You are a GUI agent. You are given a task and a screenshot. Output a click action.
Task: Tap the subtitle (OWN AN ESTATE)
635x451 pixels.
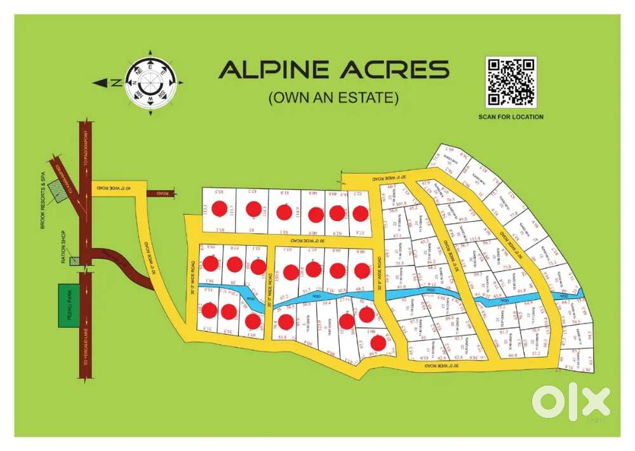(x=333, y=98)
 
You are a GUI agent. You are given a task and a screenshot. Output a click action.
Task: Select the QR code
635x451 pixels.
(x=511, y=82)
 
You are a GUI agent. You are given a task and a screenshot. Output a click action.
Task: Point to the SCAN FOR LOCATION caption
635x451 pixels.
(x=511, y=117)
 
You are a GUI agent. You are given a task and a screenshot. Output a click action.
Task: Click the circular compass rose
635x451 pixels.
(x=150, y=82)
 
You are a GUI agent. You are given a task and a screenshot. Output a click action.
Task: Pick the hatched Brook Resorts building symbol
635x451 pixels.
(x=60, y=189)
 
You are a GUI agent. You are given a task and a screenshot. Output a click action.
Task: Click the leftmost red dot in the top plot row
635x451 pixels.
(x=220, y=208)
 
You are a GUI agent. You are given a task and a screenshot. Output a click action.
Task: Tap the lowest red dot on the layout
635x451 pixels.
(x=378, y=343)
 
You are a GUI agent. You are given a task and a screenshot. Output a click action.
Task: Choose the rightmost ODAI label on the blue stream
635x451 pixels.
(x=561, y=296)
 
